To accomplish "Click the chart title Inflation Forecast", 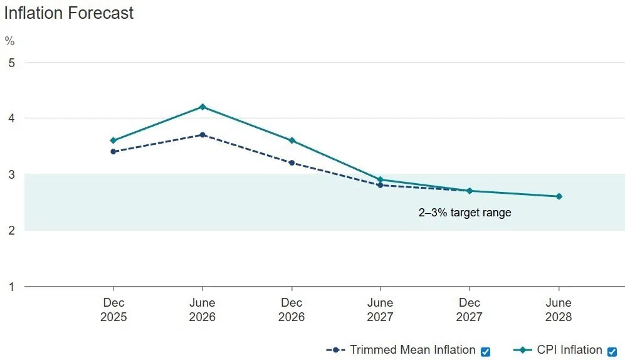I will pyautogui.click(x=69, y=13).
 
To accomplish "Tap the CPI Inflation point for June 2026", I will pyautogui.click(x=202, y=107).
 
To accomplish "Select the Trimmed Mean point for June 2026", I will pyautogui.click(x=202, y=135).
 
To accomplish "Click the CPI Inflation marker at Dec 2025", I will pyautogui.click(x=113, y=140).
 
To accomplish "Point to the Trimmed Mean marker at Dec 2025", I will pyautogui.click(x=113, y=152).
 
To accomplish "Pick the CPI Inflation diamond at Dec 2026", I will pyautogui.click(x=291, y=140).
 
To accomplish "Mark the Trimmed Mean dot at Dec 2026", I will pyautogui.click(x=291, y=162).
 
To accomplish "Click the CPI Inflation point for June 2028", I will pyautogui.click(x=559, y=196).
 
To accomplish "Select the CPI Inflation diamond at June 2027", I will pyautogui.click(x=381, y=179).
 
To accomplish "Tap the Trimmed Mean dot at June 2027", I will pyautogui.click(x=381, y=186).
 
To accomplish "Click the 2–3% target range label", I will pyautogui.click(x=465, y=213).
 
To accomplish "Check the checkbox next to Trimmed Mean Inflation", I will pyautogui.click(x=485, y=351).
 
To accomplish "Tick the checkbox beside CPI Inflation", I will pyautogui.click(x=612, y=351).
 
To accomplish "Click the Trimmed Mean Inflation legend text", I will pyautogui.click(x=412, y=350).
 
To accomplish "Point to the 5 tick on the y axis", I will pyautogui.click(x=10, y=63).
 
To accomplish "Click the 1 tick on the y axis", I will pyautogui.click(x=10, y=287).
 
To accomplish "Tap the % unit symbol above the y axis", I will pyautogui.click(x=9, y=41).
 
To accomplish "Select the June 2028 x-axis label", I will pyautogui.click(x=559, y=310).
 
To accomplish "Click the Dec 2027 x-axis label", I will pyautogui.click(x=470, y=310).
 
